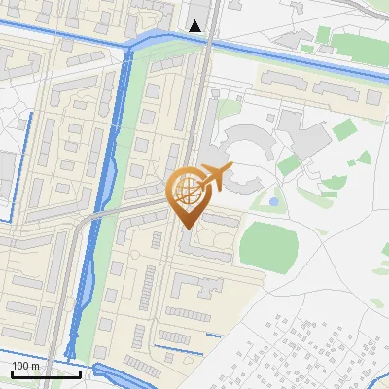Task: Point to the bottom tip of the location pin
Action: tap(186, 229)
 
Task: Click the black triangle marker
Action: tap(195, 26)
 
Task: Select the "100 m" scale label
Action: tap(25, 366)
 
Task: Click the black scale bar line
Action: tap(45, 374)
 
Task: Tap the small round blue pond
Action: tap(273, 201)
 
